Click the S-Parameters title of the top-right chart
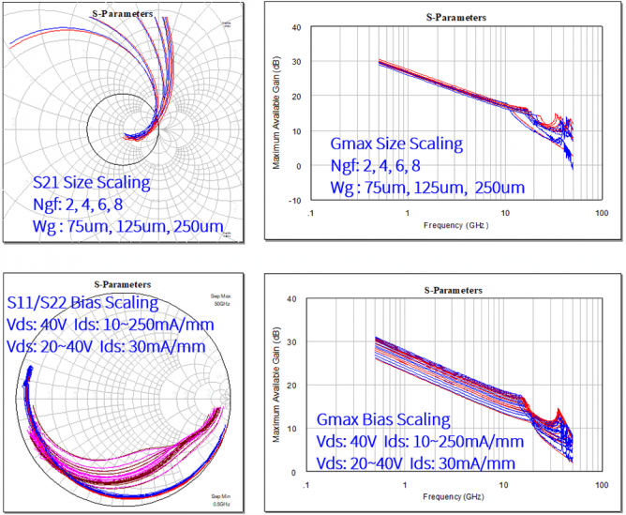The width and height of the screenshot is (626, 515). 456,17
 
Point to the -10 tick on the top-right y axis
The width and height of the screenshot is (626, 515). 294,200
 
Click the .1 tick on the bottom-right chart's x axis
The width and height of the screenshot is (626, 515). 306,486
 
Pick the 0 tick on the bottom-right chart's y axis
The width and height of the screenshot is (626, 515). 297,472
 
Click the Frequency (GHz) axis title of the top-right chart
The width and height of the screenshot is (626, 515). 455,225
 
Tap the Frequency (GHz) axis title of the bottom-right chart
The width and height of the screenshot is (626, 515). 455,496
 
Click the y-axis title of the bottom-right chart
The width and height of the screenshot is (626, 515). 276,386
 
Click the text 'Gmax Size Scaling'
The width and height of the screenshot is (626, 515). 396,144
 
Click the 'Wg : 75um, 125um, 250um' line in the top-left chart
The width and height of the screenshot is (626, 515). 128,226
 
